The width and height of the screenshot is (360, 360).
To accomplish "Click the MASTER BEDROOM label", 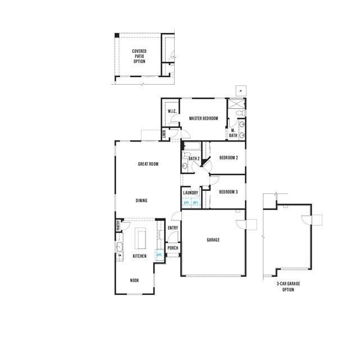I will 203,119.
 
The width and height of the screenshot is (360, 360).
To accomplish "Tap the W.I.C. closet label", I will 172,111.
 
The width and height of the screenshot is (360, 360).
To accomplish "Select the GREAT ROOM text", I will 148,164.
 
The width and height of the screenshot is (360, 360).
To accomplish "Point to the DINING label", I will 142,200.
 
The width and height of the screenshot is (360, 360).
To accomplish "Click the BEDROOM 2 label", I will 229,158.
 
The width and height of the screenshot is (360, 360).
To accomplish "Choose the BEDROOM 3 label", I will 229,192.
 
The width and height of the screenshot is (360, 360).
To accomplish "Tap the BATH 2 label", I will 194,159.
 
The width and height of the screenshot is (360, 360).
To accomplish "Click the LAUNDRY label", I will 190,193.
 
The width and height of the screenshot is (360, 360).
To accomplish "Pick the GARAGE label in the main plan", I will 213,240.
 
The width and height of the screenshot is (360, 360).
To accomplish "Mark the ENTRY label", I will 173,227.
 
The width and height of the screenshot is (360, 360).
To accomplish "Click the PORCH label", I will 173,248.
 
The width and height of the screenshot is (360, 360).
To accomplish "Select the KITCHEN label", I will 139,256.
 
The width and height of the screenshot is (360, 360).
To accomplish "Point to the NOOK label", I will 135,280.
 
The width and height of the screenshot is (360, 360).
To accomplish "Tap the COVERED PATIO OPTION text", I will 139,56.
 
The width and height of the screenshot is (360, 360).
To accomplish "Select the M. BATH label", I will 233,133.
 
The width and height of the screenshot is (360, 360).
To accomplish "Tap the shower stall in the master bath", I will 236,104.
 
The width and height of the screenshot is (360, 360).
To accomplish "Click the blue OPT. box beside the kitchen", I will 159,255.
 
